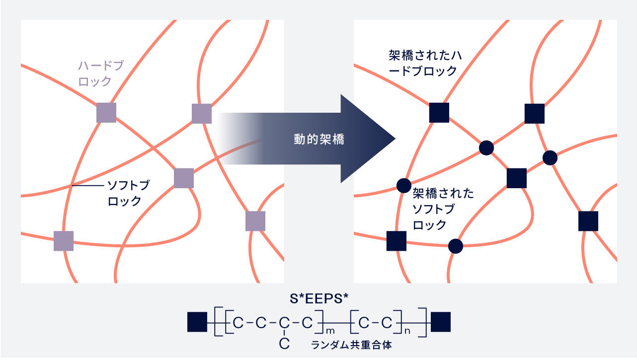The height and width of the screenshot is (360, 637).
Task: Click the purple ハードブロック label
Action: click(101, 73)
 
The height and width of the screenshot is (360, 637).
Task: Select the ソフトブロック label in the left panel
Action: click(129, 193)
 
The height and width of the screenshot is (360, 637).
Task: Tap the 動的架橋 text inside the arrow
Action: click(319, 139)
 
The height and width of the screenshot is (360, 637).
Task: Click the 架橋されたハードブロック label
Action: click(425, 63)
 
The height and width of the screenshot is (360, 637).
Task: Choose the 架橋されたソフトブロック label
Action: click(443, 209)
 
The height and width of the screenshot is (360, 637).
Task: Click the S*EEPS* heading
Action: click(319, 298)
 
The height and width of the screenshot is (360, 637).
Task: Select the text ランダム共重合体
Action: click(351, 345)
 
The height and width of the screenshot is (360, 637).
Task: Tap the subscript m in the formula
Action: click(330, 331)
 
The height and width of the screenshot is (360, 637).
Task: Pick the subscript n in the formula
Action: click(407, 331)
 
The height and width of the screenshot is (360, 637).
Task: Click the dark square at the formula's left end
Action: click(197, 322)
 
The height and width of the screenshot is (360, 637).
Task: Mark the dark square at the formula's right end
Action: click(441, 322)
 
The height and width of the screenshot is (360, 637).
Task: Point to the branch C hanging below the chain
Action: click(284, 343)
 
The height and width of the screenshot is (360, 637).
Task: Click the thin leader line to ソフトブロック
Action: click(88, 186)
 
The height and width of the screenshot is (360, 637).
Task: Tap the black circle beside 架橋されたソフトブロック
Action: click(404, 186)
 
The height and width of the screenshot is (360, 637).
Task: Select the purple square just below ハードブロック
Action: click(106, 113)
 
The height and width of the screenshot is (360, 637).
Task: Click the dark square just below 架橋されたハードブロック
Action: click(439, 113)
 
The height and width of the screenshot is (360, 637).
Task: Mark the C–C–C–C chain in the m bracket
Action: click(273, 323)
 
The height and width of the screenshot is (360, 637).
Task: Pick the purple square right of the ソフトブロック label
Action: click(184, 178)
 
